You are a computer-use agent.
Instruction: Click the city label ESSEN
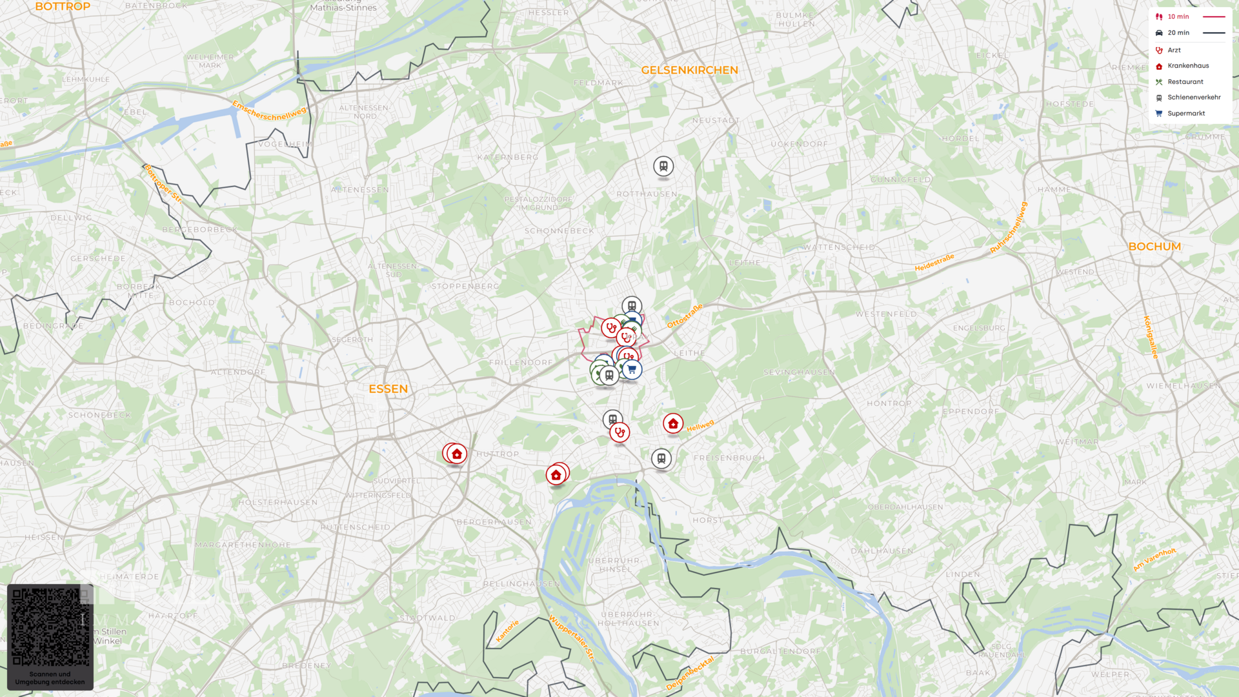click(388, 389)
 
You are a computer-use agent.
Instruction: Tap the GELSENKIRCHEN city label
click(689, 70)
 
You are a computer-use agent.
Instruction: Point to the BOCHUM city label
click(1154, 247)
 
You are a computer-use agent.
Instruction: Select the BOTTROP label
click(63, 6)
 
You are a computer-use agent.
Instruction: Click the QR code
click(50, 627)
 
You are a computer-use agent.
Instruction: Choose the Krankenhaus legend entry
click(1187, 66)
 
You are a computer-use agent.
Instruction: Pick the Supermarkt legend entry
click(1185, 114)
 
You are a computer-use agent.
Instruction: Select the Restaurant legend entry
click(1185, 82)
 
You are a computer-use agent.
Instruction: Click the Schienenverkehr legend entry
click(1193, 97)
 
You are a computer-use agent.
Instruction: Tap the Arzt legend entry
click(1174, 50)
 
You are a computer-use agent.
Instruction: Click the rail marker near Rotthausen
click(663, 166)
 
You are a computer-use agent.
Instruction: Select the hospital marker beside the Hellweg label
click(673, 423)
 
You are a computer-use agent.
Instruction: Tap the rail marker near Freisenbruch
click(661, 459)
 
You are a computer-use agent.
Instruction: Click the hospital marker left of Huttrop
click(457, 454)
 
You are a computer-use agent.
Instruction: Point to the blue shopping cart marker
click(632, 369)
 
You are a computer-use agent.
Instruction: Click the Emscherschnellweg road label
click(269, 110)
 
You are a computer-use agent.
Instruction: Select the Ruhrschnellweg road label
click(1009, 227)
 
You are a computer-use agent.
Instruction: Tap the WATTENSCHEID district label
click(839, 247)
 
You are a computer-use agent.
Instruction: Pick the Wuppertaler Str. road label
click(572, 638)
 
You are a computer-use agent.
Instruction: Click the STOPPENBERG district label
click(465, 287)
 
